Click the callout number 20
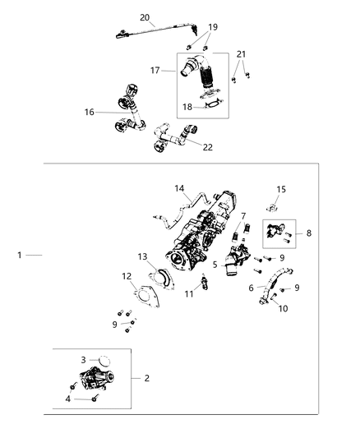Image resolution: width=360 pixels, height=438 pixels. pos(145,17)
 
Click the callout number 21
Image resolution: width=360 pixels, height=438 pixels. pos(241,53)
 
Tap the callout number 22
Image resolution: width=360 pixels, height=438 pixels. pos(207,147)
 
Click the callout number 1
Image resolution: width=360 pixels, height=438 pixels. pos(21,256)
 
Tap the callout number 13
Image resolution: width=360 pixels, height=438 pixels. pos(142,256)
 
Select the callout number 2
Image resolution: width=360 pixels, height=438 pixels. pos(146,378)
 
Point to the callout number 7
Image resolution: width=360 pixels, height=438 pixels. pos(243,216)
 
